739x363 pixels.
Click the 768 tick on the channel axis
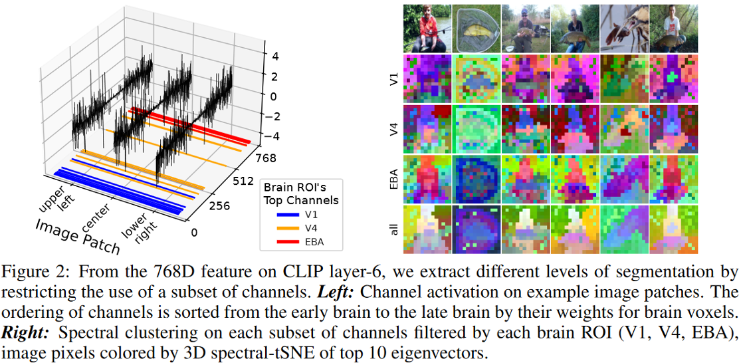pos(268,158)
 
